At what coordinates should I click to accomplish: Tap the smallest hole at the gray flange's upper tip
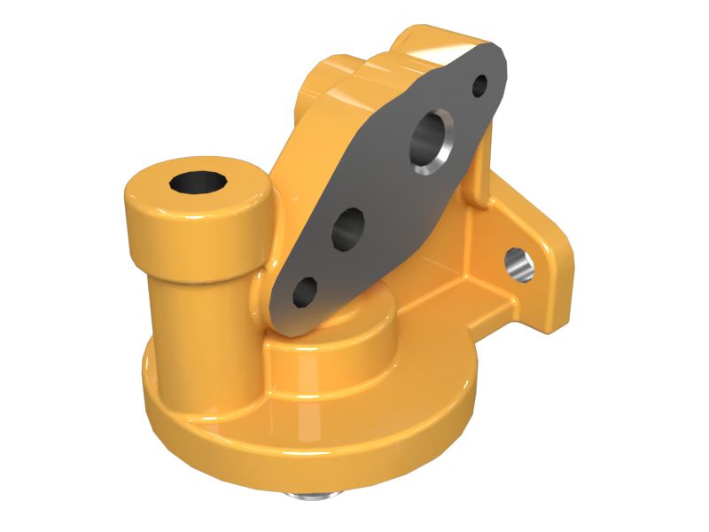(479, 86)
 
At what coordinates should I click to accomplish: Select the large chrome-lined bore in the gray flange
(432, 141)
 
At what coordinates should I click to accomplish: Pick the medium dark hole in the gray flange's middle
(348, 228)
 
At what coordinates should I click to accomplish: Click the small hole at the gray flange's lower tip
(305, 291)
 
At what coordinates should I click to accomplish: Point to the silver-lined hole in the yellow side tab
(520, 263)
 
